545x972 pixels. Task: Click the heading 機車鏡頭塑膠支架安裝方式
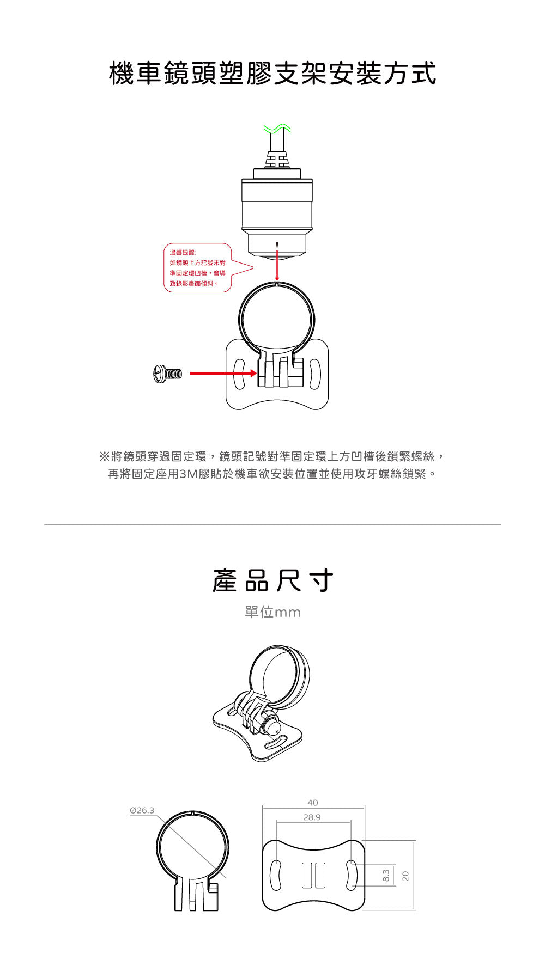pos(272,74)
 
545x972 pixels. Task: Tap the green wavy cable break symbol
pos(277,129)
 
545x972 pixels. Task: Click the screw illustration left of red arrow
pos(167,374)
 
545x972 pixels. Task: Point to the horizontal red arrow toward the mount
pos(223,374)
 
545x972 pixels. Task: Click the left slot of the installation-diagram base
pos(239,374)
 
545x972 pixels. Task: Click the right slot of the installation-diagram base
pos(315,374)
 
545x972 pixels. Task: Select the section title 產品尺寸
pos(272,580)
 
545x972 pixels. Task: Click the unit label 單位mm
pos(272,612)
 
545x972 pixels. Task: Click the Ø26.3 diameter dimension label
pos(142,810)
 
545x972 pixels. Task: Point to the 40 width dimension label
pos(313,803)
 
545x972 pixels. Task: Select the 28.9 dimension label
pos(312,817)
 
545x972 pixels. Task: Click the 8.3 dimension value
pos(386,876)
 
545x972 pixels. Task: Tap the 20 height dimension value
pos(405,876)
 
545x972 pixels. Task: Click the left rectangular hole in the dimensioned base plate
pos(306,875)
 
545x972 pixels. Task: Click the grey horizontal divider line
pos(272,525)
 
